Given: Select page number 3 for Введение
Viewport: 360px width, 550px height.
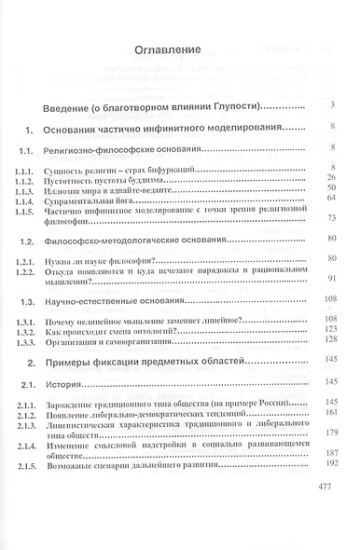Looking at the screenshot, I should tap(332, 104).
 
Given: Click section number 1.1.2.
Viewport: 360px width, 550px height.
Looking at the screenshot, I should tap(31, 176).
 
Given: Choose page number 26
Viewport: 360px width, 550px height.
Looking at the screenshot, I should tap(331, 176).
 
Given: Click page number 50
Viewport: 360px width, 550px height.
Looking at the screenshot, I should tap(331, 186).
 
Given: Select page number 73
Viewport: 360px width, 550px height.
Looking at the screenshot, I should tap(331, 218).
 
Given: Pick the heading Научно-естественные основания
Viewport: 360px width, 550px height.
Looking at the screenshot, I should tap(140, 302).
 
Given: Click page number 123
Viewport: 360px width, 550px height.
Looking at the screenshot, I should tap(329, 328).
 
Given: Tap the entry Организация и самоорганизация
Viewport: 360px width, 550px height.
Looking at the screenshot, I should tap(139, 339).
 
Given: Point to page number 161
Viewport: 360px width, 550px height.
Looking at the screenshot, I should tap(329, 411).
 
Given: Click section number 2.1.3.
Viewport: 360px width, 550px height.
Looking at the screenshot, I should tap(31, 422).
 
